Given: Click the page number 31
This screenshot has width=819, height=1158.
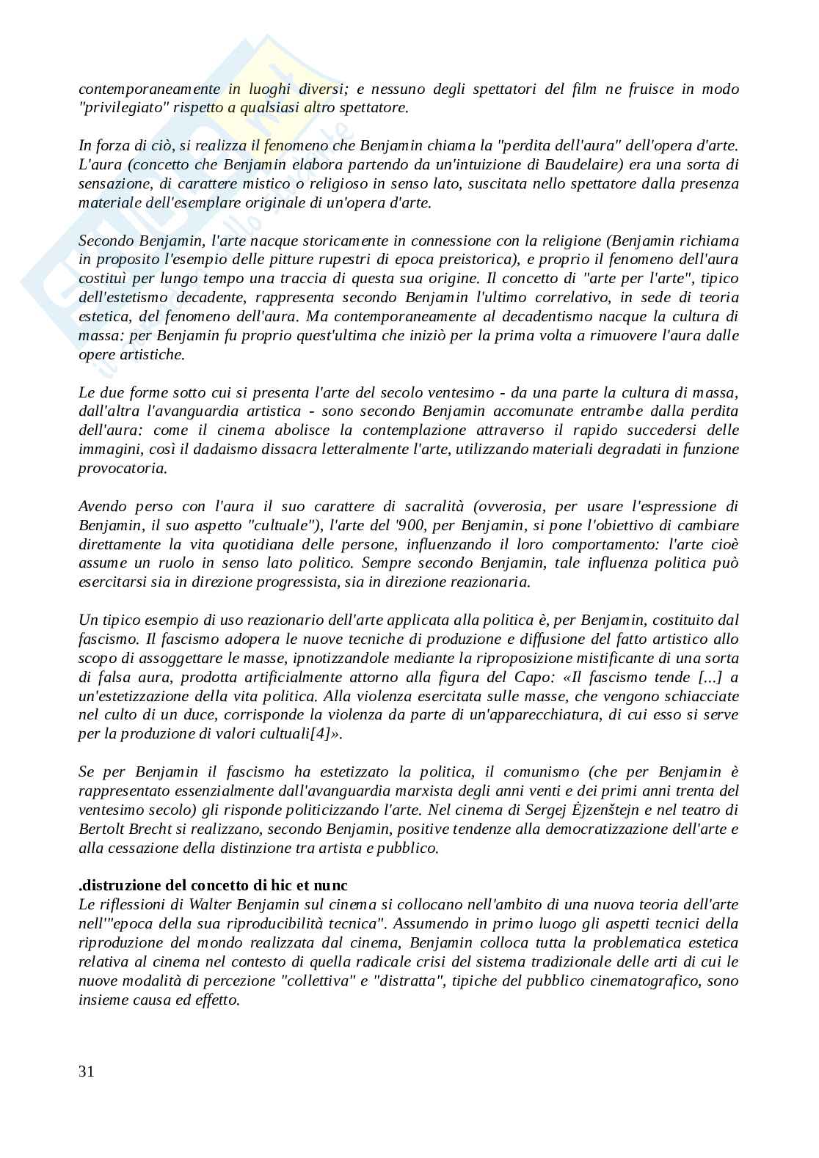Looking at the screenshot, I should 86,1071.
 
